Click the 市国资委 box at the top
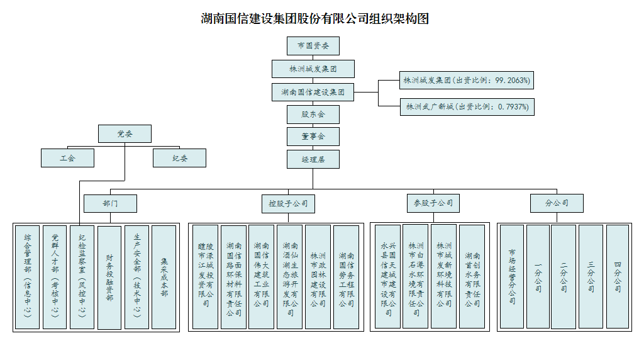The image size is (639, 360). [313, 46]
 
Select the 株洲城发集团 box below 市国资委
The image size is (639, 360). [313, 69]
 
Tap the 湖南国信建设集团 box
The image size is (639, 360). [313, 92]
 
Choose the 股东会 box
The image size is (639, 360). [313, 115]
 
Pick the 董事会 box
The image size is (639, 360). [313, 137]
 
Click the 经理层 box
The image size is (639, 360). [313, 159]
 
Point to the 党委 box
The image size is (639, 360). [125, 133]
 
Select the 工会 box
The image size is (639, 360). [67, 158]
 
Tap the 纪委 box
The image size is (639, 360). [179, 158]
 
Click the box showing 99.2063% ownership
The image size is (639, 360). [466, 81]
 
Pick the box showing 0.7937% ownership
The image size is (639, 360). [466, 106]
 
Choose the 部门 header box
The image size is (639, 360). [111, 203]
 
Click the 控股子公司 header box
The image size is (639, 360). [288, 203]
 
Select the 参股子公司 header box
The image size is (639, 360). [433, 203]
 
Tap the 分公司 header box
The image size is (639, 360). [556, 203]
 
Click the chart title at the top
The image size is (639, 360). [314, 18]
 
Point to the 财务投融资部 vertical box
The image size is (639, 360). [109, 277]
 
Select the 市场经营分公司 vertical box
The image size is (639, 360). [511, 277]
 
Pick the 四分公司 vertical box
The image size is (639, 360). [617, 277]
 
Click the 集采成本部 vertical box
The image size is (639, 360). [164, 277]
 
